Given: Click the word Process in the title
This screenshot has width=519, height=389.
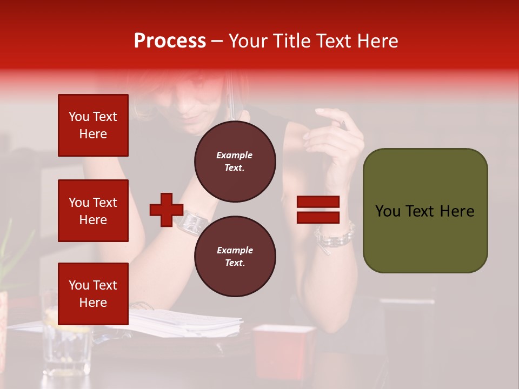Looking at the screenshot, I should (170, 41).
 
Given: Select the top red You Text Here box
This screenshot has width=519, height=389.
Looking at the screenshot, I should (93, 125).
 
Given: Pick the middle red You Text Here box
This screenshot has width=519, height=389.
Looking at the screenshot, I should (93, 211).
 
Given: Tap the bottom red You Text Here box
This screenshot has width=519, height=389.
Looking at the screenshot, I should (93, 293).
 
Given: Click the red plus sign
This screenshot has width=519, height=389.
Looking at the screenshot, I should (167, 210).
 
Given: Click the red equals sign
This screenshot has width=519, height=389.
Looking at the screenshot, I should (318, 210).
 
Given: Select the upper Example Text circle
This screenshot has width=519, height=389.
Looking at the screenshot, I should (235, 162).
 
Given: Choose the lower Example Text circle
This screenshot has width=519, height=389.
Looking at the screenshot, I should (235, 257).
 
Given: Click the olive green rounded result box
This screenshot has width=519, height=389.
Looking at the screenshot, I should (425, 211).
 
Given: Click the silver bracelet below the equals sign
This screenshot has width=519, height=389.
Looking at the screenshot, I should (335, 238).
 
